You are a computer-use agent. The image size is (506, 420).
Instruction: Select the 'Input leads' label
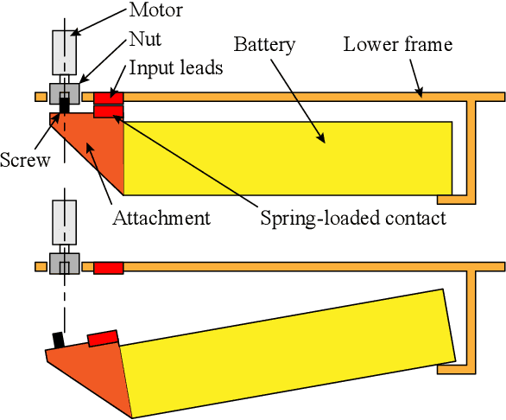176,68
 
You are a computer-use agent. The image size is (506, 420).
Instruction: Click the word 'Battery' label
265,44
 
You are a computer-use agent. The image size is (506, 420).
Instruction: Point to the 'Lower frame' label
397,44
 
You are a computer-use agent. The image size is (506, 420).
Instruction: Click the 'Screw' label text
25,159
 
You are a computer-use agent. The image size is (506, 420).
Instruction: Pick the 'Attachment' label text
161,218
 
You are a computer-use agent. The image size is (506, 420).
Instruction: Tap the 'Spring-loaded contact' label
353,218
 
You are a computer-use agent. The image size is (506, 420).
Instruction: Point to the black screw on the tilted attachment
59,340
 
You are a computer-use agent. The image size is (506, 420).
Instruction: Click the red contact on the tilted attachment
102,337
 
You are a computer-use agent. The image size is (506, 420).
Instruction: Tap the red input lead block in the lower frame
108,268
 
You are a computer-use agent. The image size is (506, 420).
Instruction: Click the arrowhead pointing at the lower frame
420,91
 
